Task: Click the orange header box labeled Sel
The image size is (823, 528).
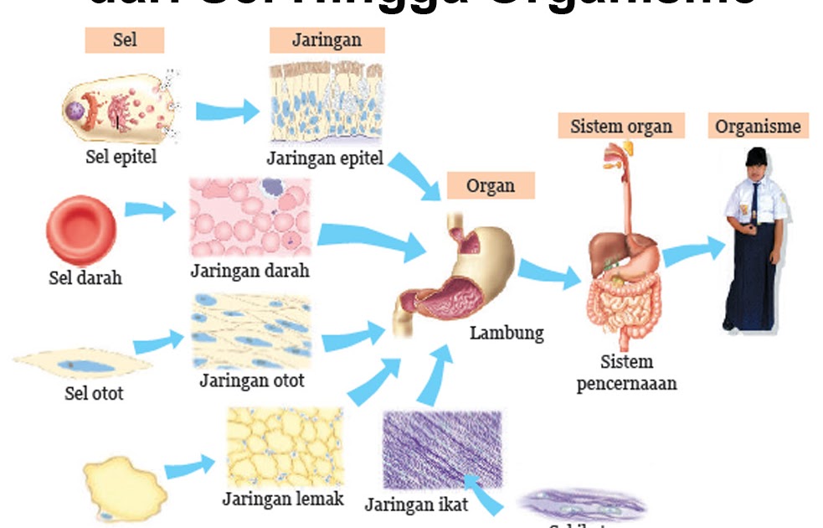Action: click(x=124, y=40)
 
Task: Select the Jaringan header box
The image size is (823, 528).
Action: click(x=327, y=40)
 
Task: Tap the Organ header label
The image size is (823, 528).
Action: click(x=490, y=185)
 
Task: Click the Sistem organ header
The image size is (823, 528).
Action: click(x=620, y=127)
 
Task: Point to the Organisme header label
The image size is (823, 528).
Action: click(x=758, y=127)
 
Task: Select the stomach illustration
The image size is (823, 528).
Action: click(x=456, y=268)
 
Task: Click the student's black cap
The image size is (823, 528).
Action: click(x=757, y=157)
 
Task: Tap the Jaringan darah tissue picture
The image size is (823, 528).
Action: click(x=250, y=217)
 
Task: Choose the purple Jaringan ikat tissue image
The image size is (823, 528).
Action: click(x=441, y=450)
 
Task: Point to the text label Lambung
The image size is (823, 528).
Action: click(x=506, y=333)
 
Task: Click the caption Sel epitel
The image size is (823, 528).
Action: click(x=121, y=158)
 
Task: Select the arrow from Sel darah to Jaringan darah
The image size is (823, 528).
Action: click(x=151, y=210)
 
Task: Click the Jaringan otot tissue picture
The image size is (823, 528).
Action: click(x=250, y=330)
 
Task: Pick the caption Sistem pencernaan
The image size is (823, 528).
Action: click(x=626, y=373)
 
